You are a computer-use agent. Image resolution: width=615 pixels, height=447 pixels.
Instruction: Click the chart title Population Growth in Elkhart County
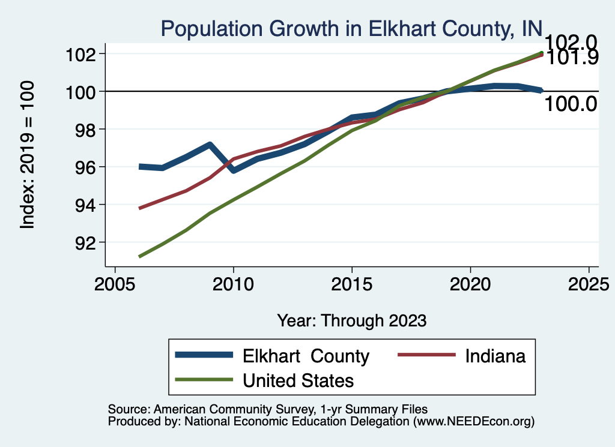[x=351, y=28]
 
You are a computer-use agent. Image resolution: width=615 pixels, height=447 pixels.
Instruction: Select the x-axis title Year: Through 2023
[x=351, y=320]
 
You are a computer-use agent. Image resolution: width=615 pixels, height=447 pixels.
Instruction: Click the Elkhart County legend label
[x=306, y=356]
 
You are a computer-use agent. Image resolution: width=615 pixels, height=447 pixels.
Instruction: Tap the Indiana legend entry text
[x=495, y=356]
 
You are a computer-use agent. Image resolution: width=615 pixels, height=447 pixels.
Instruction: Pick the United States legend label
[x=298, y=380]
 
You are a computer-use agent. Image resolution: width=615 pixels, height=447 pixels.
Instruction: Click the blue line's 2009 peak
[x=209, y=145]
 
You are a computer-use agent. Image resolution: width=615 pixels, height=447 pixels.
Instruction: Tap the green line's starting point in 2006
[x=140, y=256]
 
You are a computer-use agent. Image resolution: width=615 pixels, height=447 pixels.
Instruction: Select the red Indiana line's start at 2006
[x=140, y=208]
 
